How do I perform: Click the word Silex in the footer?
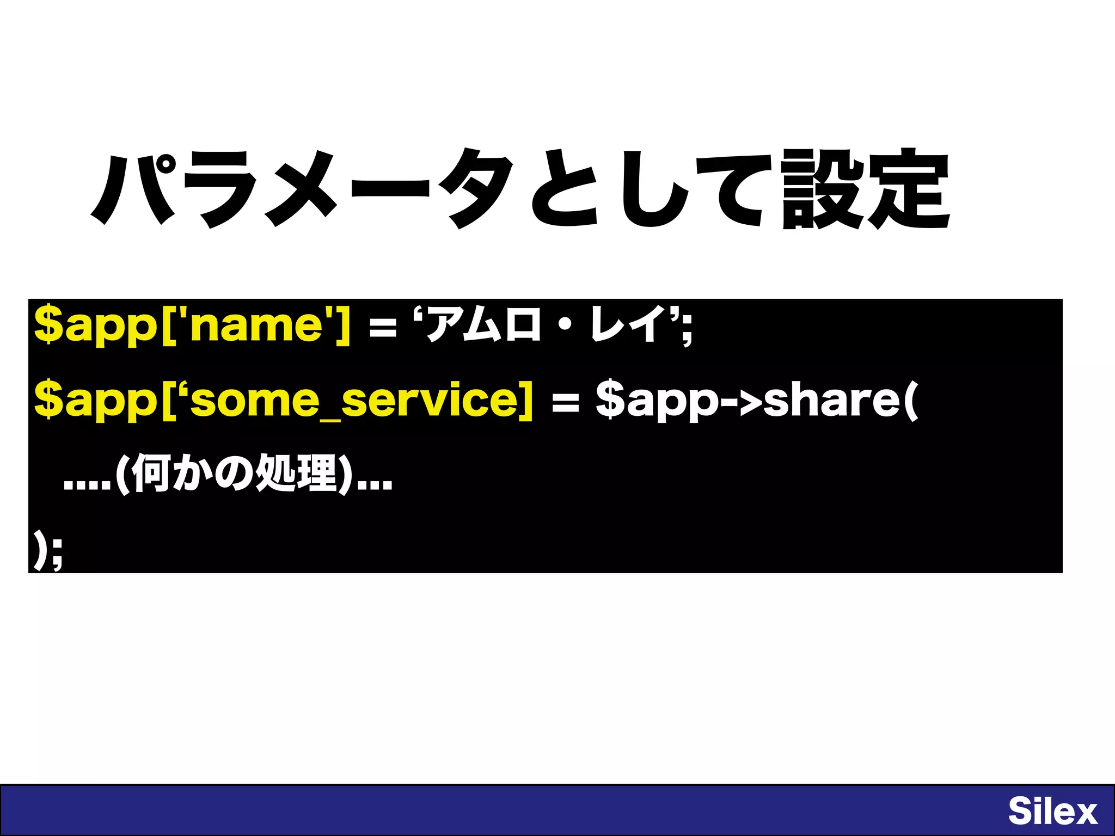1052,811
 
